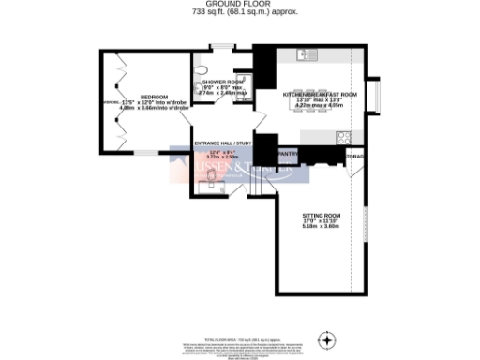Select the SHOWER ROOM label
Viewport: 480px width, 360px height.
coord(224,82)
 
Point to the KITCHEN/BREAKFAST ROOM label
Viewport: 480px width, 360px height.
coord(322,94)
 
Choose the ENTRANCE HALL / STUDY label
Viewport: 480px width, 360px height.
coord(223,142)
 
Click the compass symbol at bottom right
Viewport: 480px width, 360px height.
coord(327,338)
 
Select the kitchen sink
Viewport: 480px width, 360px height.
coord(307,55)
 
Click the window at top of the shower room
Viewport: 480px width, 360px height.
coord(223,47)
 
